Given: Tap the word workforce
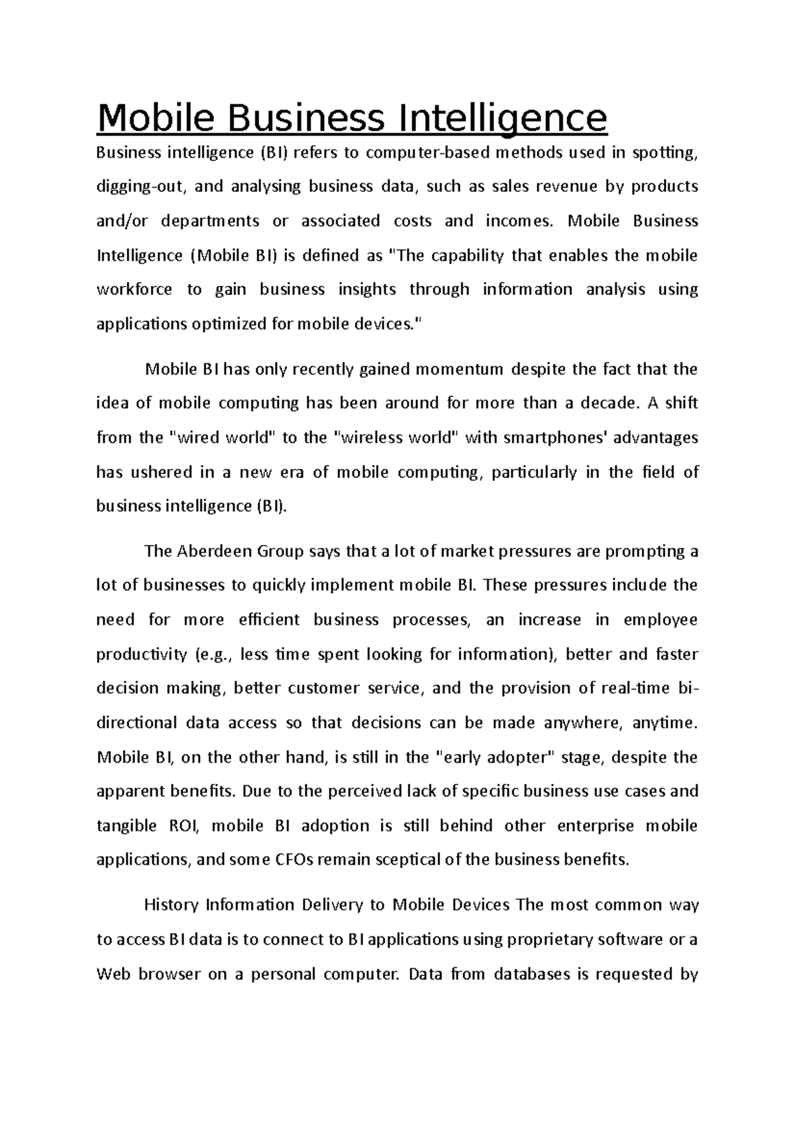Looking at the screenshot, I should (x=134, y=290).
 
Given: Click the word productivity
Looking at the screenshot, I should (x=142, y=655).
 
